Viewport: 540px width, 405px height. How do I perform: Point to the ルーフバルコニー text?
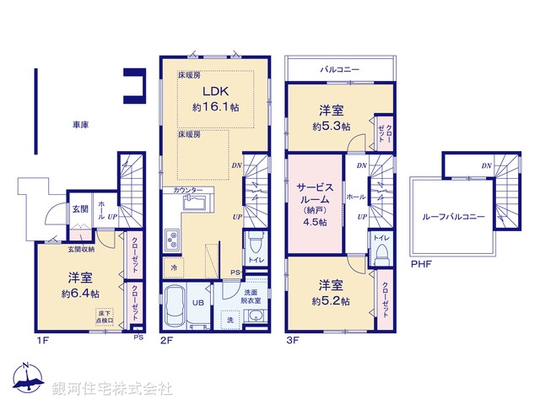pyautogui.click(x=454, y=217)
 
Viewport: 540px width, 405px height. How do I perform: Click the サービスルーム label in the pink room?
pyautogui.click(x=315, y=197)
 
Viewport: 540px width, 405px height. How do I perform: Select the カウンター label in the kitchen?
pyautogui.click(x=187, y=191)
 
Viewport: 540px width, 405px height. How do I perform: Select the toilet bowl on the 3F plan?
pyautogui.click(x=382, y=251)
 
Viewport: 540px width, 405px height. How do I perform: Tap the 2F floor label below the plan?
pyautogui.click(x=166, y=340)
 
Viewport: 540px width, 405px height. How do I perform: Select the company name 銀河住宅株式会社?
pyautogui.click(x=111, y=389)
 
